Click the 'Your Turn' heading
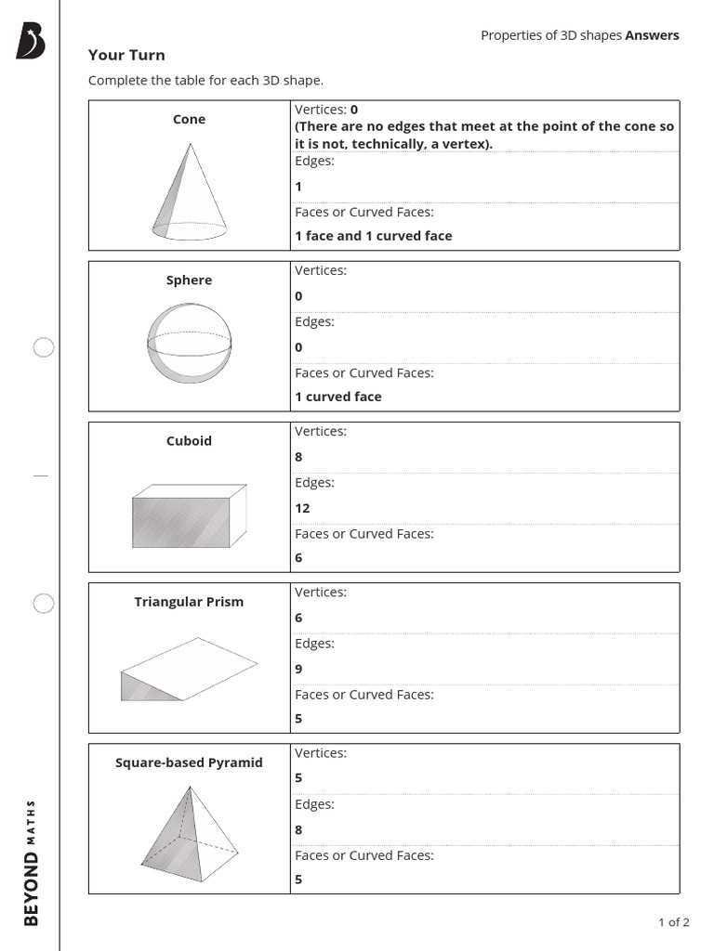[126, 55]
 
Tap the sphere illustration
[189, 344]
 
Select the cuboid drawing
[189, 516]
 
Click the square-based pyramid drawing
[189, 833]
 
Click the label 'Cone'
[189, 119]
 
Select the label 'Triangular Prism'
[189, 602]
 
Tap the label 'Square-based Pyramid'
[189, 762]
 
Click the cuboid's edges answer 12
[302, 508]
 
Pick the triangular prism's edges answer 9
[298, 669]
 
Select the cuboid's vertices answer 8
[298, 457]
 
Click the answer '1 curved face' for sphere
[338, 397]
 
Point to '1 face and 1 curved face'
[374, 236]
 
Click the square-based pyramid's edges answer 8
[298, 829]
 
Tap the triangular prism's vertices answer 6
[298, 618]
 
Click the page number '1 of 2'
[673, 922]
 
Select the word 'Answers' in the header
[652, 35]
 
